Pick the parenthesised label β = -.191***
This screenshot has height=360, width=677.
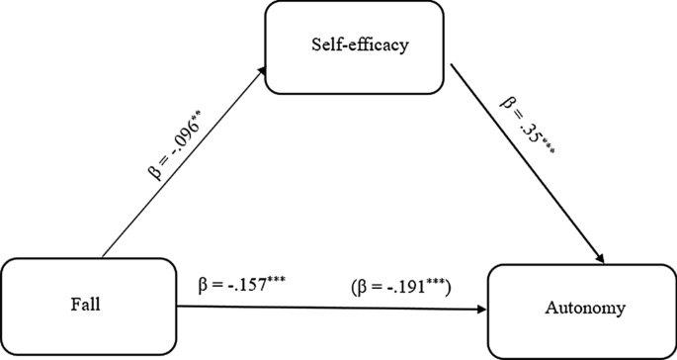(400, 287)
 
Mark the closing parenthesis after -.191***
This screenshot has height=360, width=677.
(449, 288)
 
